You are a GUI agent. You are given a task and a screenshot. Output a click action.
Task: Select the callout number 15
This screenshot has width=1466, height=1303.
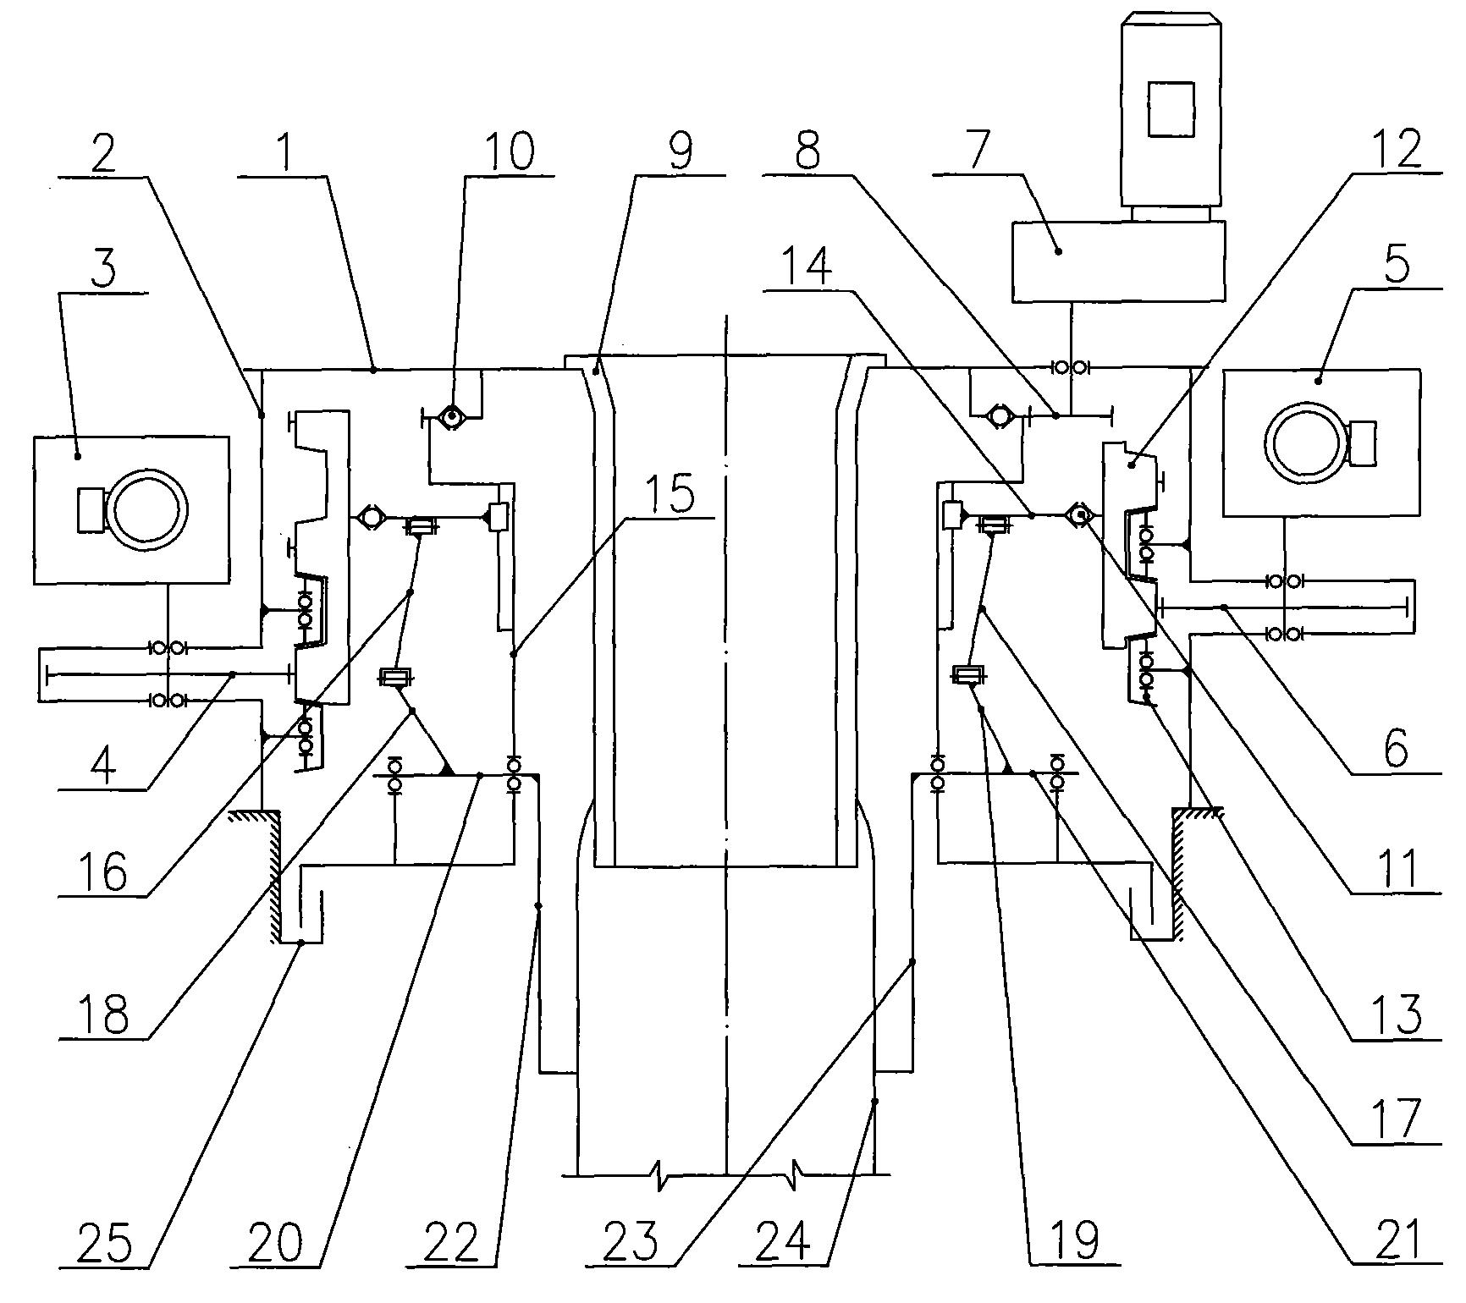[671, 493]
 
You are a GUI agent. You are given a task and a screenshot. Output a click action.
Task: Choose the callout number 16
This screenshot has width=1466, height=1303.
[103, 871]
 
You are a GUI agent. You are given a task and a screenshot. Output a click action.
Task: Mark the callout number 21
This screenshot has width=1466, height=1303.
[1397, 1240]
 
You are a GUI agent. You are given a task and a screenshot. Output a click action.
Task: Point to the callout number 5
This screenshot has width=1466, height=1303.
[1397, 267]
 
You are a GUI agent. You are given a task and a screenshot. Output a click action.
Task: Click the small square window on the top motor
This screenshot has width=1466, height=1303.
[1171, 109]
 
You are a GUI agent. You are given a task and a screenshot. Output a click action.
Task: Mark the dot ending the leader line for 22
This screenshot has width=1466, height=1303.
[539, 906]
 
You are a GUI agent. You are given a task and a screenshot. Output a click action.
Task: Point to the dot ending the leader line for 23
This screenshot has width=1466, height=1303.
[912, 962]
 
